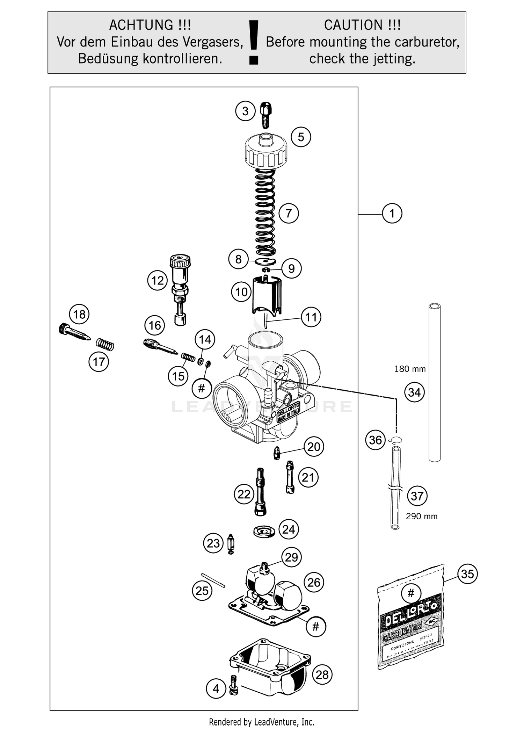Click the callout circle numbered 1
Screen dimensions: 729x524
click(392, 213)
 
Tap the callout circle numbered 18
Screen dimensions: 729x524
click(79, 314)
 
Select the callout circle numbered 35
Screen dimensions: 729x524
click(467, 574)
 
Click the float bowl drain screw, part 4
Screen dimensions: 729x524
click(233, 686)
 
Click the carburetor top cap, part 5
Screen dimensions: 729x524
click(266, 152)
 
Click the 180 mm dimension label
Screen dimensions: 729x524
click(410, 369)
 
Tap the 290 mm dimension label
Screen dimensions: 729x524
click(421, 517)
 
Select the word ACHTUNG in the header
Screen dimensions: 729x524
click(141, 25)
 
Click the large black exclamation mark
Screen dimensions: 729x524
click(254, 42)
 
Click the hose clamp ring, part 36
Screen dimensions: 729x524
click(395, 440)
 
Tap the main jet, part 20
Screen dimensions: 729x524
click(277, 453)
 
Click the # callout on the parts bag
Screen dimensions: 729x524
click(411, 593)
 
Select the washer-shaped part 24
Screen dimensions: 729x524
click(264, 532)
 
